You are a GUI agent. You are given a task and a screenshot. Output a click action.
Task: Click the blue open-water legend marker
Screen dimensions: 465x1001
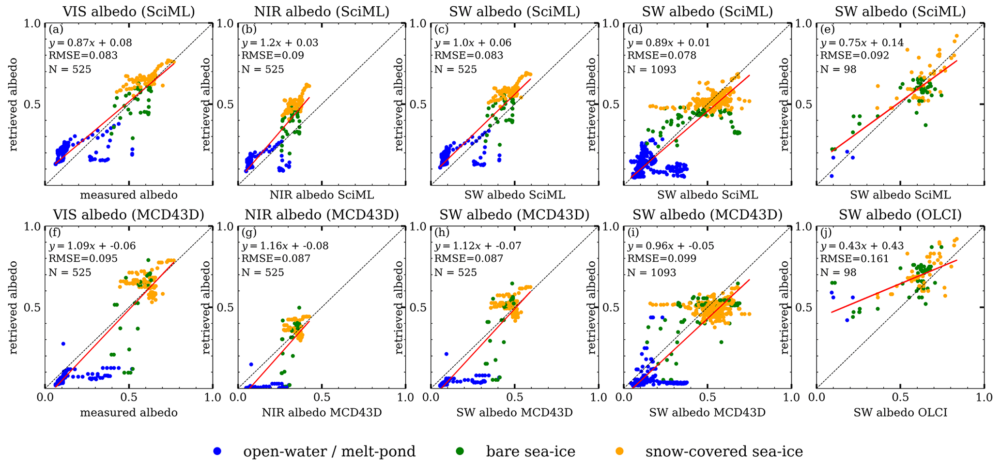point(217,451)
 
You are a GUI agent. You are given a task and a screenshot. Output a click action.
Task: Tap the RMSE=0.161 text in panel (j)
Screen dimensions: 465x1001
point(854,259)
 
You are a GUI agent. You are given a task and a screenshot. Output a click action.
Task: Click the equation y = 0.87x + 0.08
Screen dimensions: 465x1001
point(90,43)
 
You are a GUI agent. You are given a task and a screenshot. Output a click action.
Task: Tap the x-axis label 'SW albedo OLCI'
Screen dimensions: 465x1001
point(900,413)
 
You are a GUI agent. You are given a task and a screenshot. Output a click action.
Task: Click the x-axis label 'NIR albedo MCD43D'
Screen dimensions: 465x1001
point(322,413)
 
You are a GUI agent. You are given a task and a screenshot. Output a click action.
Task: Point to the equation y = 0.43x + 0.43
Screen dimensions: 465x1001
point(862,246)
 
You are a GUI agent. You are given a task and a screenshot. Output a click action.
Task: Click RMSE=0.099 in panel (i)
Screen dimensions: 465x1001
point(662,259)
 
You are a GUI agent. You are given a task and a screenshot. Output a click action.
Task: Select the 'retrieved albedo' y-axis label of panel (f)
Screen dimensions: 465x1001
point(14,307)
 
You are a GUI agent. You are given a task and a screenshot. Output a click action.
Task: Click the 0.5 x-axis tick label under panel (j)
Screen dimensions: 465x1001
point(900,398)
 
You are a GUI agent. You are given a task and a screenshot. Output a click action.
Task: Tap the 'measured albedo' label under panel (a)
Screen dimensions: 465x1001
point(129,195)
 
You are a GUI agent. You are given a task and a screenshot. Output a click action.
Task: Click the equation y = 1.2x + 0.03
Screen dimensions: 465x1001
point(280,43)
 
